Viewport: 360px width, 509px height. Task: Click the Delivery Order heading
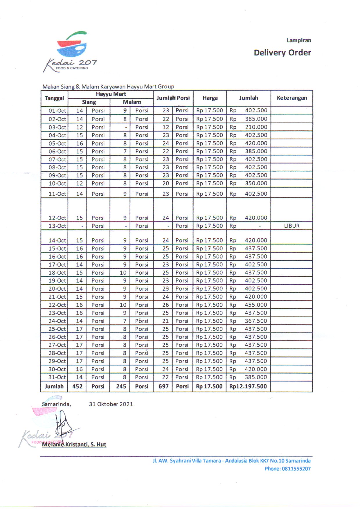click(x=282, y=53)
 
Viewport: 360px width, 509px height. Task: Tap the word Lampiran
click(x=299, y=40)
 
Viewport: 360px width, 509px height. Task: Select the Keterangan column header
click(x=292, y=98)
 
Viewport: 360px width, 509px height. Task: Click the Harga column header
click(x=210, y=98)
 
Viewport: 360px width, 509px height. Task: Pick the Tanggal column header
click(x=54, y=98)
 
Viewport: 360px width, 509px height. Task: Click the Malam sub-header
click(x=132, y=102)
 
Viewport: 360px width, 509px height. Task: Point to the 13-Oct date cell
click(x=57, y=226)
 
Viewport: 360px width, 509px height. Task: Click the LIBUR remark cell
click(x=292, y=226)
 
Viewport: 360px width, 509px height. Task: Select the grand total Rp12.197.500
click(x=248, y=386)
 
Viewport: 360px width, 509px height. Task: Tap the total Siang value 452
click(x=77, y=386)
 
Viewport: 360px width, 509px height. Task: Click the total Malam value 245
click(x=121, y=386)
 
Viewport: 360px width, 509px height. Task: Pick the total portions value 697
click(x=163, y=386)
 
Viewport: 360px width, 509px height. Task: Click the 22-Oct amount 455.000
click(x=256, y=305)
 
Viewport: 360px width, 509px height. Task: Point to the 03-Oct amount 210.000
click(x=256, y=127)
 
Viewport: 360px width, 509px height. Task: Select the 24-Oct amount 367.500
click(x=256, y=321)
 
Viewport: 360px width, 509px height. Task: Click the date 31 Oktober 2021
click(x=111, y=404)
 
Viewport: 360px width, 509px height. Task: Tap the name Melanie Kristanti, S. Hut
click(x=74, y=444)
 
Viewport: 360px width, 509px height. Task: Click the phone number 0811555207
click(x=296, y=469)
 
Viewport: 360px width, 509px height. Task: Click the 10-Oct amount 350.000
click(x=256, y=184)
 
